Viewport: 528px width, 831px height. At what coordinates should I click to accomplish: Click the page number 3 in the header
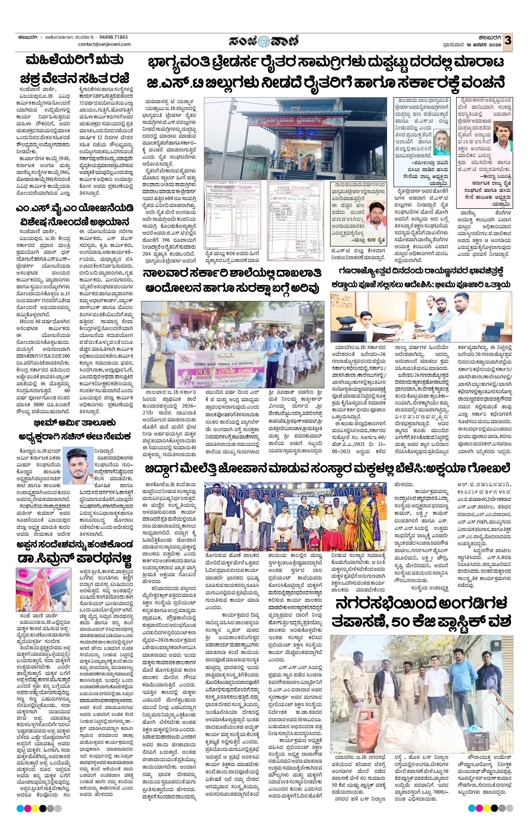tap(508, 40)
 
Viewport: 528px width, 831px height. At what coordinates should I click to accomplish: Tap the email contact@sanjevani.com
tap(104, 44)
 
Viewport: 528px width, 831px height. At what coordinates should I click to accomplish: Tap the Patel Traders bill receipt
tap(296, 221)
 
